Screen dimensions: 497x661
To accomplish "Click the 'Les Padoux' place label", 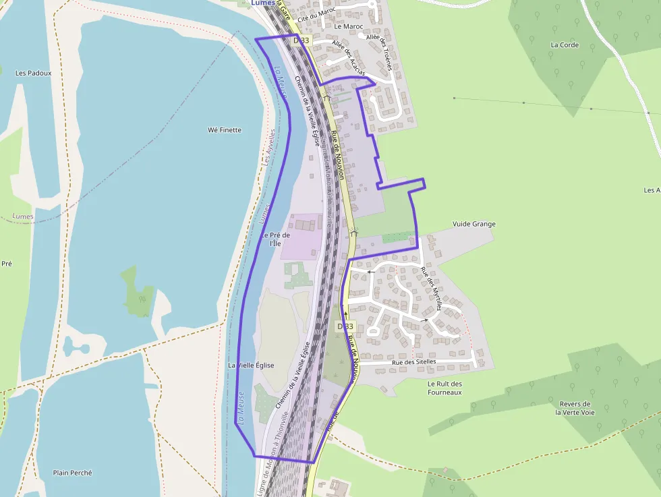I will [x=33, y=73].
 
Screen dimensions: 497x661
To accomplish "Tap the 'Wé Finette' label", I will [x=225, y=129].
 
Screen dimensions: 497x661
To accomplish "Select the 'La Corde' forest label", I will [x=565, y=45].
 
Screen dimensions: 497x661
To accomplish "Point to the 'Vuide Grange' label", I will [x=473, y=224].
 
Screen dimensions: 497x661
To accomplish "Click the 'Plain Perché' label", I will [x=72, y=473].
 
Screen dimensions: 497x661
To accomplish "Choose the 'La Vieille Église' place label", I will [x=251, y=365].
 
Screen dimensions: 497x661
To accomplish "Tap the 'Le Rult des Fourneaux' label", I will [x=444, y=388].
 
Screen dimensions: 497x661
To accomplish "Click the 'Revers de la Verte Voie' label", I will [x=575, y=408].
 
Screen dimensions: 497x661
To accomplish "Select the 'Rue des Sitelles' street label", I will [x=413, y=362].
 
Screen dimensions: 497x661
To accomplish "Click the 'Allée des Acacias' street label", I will [x=349, y=57].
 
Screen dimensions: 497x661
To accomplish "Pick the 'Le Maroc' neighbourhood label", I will [x=349, y=27].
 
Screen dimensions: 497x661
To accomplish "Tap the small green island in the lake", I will [x=138, y=291].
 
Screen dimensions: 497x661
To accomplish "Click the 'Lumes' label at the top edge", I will [x=263, y=3].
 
